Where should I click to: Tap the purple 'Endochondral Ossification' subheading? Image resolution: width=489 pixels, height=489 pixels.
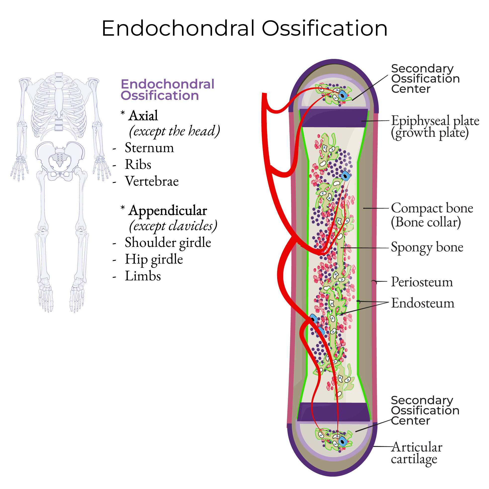[167, 90]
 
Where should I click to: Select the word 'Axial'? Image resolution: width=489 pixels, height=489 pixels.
[143, 116]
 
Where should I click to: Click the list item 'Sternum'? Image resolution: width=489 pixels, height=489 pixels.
[149, 148]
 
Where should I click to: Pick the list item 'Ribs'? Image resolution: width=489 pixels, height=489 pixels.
[138, 165]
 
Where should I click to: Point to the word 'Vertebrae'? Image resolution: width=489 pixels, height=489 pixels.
[152, 181]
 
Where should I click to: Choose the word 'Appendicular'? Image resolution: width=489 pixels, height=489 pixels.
[168, 211]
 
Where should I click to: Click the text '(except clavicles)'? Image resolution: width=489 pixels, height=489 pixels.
[173, 226]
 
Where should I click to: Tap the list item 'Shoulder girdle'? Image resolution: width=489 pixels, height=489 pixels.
[168, 242]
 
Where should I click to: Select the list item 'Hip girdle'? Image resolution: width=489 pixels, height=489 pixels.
[154, 259]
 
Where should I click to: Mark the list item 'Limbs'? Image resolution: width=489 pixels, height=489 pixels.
[143, 276]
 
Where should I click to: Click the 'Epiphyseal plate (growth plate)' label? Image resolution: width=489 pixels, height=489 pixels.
[435, 127]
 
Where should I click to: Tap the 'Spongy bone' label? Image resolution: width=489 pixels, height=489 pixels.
[427, 247]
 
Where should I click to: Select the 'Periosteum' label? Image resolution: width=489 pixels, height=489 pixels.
[422, 282]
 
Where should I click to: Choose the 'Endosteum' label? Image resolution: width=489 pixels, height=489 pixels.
[423, 303]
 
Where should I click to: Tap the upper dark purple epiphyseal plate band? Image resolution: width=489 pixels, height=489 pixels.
[334, 118]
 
